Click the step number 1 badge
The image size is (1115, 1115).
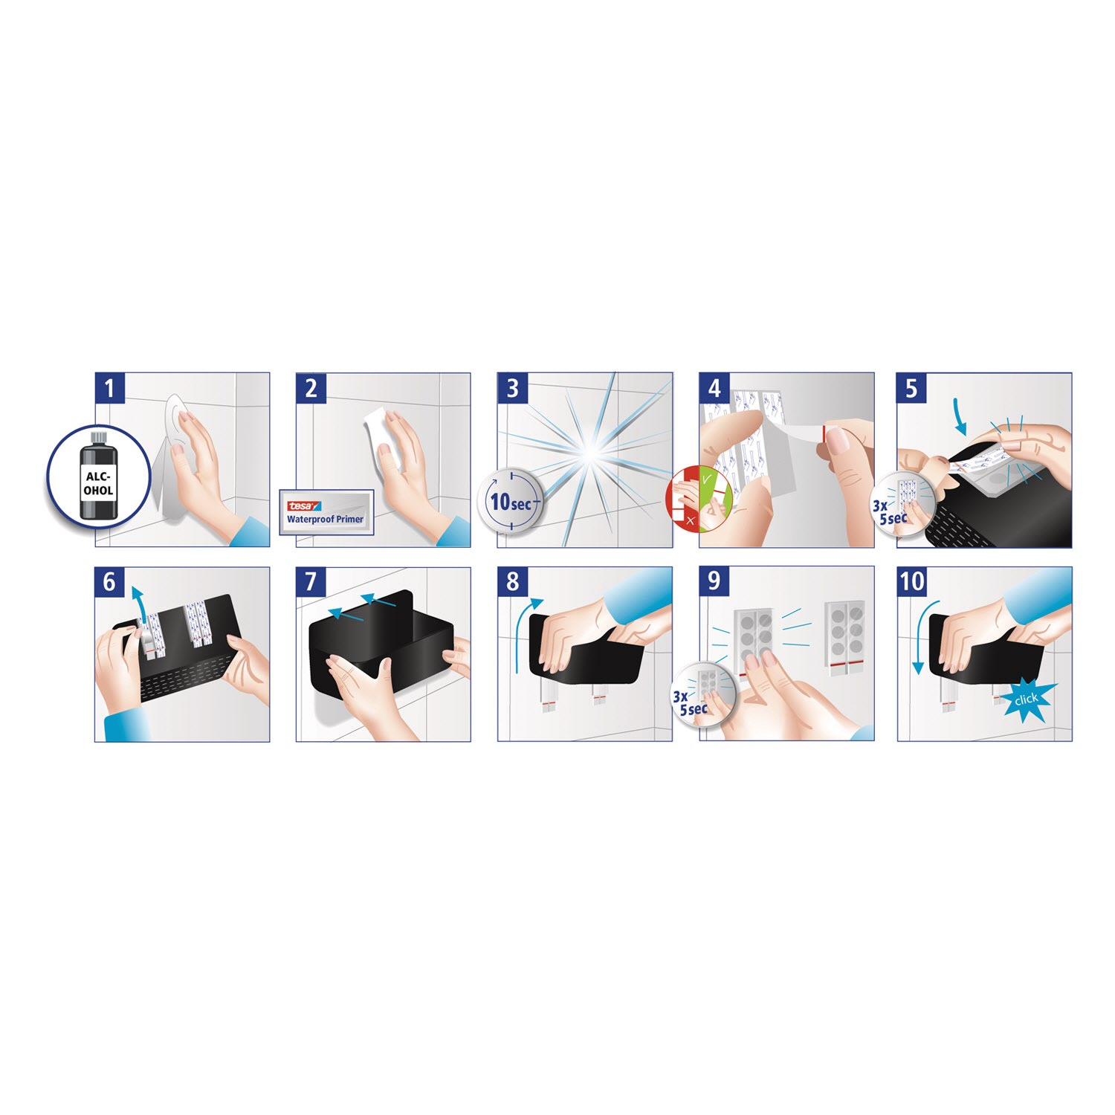click(x=109, y=388)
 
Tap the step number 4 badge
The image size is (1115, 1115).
click(x=714, y=388)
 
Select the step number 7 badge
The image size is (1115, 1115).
click(x=311, y=582)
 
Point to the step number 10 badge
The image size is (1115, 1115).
click(x=912, y=582)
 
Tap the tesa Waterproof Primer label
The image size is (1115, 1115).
click(x=326, y=511)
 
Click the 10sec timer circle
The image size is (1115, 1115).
click(x=511, y=501)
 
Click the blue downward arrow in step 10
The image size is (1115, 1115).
click(x=921, y=632)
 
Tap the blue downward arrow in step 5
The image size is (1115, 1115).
click(x=960, y=417)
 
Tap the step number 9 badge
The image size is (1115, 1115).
click(x=714, y=582)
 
